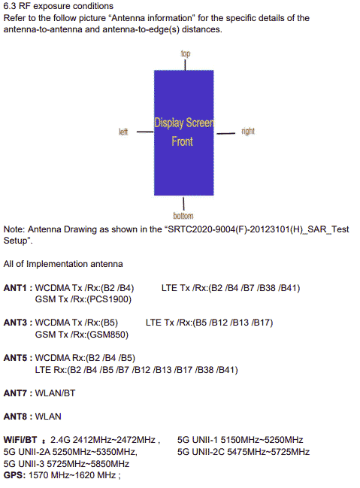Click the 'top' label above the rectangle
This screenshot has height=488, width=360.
(186, 53)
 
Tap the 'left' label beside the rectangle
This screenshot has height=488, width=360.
(123, 132)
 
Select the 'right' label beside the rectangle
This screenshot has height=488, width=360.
(248, 132)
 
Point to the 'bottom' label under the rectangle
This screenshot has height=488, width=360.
(183, 216)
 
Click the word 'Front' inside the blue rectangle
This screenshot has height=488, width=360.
(183, 141)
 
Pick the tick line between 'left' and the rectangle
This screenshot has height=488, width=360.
(145, 132)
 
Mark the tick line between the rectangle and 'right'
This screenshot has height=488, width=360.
(226, 134)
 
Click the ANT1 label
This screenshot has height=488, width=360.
(15, 288)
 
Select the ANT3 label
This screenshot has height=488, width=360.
(15, 323)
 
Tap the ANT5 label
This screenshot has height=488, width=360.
(15, 358)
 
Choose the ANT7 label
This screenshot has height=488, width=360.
(15, 393)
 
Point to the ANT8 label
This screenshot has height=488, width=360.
(15, 417)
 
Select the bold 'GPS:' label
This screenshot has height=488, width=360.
(14, 475)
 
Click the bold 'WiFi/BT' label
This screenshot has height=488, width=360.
(20, 440)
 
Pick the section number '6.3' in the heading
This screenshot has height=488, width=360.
(10, 6)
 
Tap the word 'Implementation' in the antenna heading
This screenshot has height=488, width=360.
(56, 264)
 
